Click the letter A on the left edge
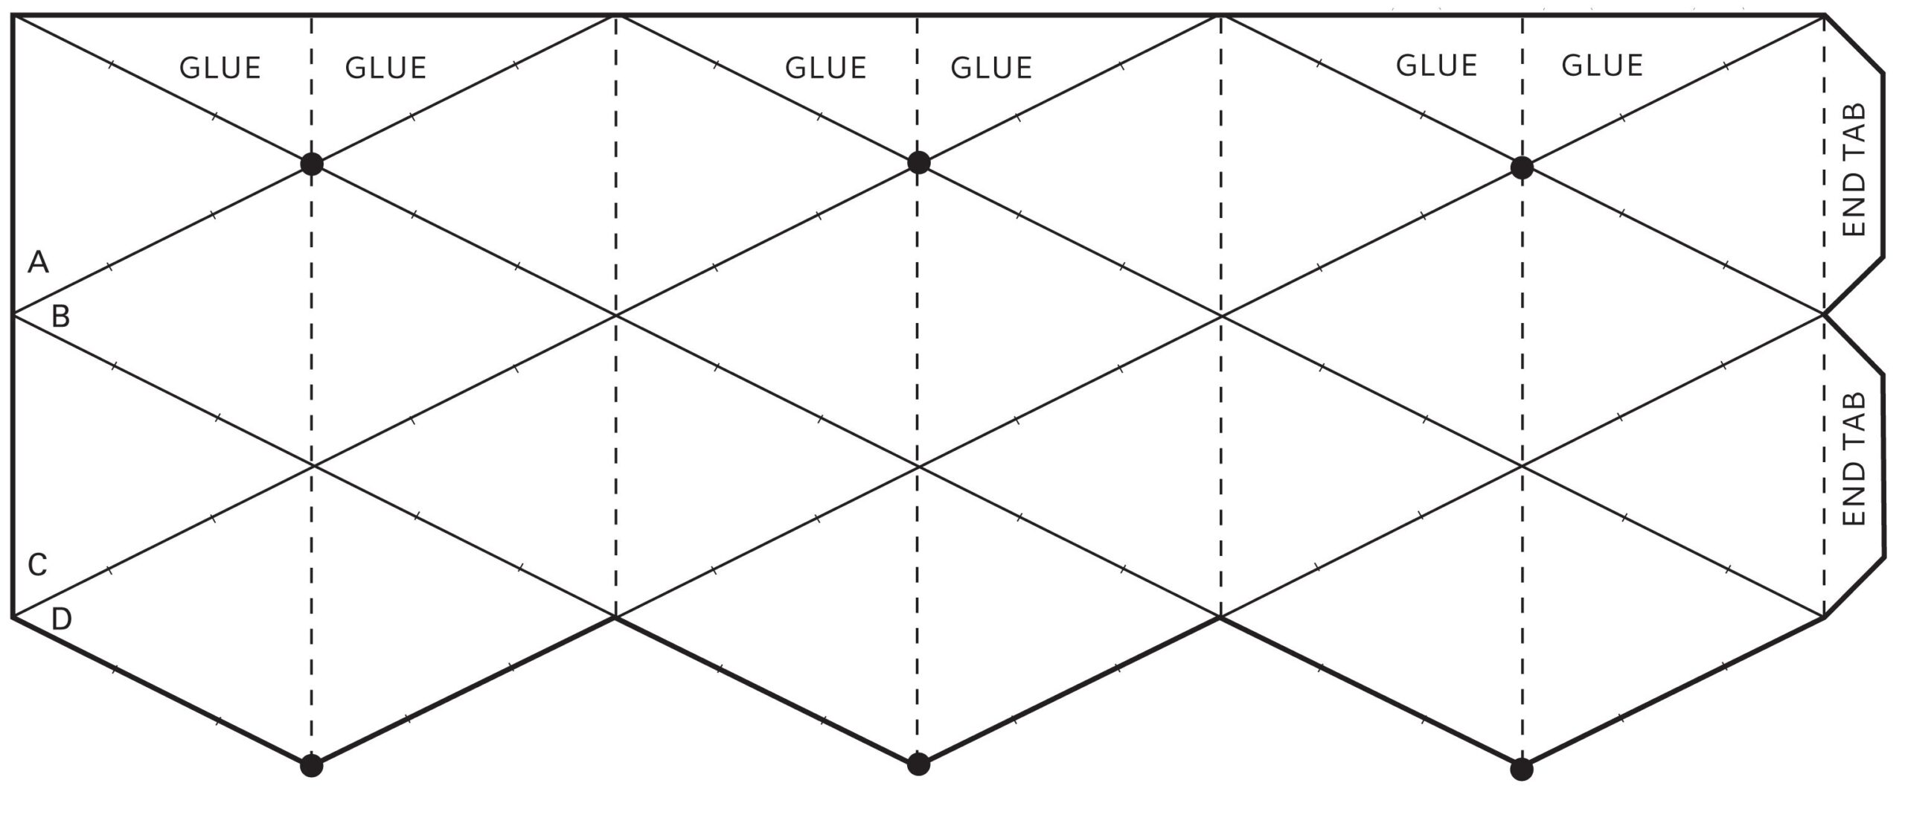[x=38, y=262]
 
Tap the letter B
[x=60, y=317]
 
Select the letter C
[x=37, y=565]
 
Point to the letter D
[x=61, y=619]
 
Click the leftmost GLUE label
[x=220, y=68]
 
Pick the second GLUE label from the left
[x=385, y=68]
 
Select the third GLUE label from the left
[x=826, y=68]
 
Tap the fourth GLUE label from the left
[x=991, y=68]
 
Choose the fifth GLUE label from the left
[x=1436, y=65]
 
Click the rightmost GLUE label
[x=1601, y=65]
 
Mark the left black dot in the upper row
[x=312, y=164]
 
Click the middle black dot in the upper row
[x=919, y=162]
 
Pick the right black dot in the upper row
[x=1522, y=167]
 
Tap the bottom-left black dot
[x=312, y=765]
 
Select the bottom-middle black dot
[x=919, y=764]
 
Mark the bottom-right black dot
[x=1522, y=769]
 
